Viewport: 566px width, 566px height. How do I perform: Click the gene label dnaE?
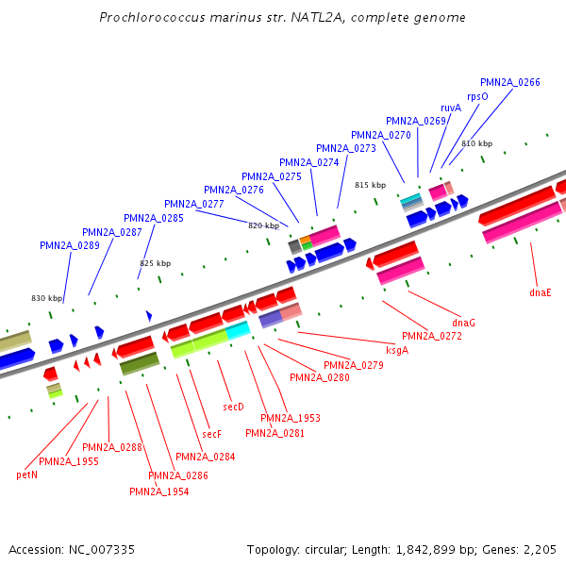click(x=541, y=292)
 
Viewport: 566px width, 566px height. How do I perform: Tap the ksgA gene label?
click(x=397, y=350)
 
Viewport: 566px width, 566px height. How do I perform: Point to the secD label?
click(x=233, y=407)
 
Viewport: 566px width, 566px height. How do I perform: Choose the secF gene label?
click(x=211, y=434)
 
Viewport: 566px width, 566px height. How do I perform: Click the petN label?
click(x=27, y=474)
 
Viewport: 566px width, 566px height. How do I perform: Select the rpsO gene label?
click(x=477, y=96)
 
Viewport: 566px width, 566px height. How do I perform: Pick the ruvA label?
click(x=451, y=108)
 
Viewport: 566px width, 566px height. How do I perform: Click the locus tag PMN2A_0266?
click(x=509, y=83)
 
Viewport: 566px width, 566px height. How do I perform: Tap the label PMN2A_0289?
click(x=69, y=245)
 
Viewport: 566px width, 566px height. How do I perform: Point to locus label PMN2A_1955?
click(x=68, y=461)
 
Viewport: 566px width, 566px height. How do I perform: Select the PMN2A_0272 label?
click(x=432, y=336)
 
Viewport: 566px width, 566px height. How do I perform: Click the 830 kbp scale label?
click(x=46, y=298)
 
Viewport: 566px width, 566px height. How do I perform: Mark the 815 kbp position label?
click(x=371, y=185)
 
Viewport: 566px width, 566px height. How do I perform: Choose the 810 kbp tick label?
click(x=476, y=143)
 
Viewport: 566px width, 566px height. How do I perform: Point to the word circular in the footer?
click(x=329, y=549)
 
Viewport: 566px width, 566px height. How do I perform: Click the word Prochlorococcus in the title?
click(x=148, y=18)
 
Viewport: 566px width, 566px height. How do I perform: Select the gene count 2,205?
click(x=539, y=549)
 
